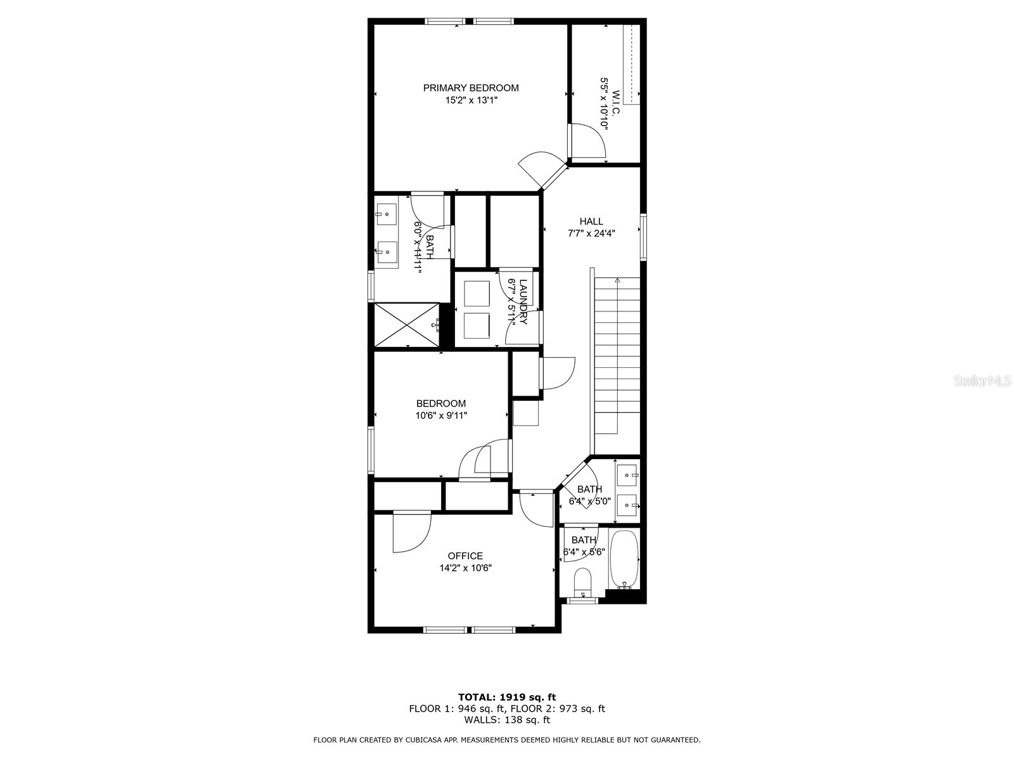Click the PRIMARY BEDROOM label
(471, 88)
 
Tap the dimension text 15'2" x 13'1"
(471, 100)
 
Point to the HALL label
(591, 221)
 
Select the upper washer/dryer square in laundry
(477, 294)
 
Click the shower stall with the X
(406, 325)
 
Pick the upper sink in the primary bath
(385, 214)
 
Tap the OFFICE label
(465, 556)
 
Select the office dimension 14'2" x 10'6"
(465, 568)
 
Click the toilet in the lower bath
(582, 581)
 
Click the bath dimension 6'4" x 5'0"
(589, 501)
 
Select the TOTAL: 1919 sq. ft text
(507, 697)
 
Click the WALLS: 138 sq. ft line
(507, 720)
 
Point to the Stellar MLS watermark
(983, 381)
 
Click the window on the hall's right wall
(643, 237)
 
